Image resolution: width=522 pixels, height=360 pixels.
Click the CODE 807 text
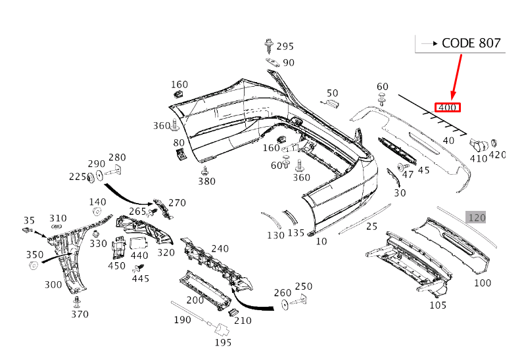click(x=471, y=43)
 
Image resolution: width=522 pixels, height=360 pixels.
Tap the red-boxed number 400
click(x=448, y=108)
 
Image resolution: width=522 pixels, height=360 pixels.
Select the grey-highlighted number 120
click(x=477, y=217)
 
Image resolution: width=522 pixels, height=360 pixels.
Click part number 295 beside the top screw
click(x=285, y=46)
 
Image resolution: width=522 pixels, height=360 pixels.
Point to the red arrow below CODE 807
click(x=456, y=77)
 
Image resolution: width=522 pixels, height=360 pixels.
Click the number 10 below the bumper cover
click(x=321, y=241)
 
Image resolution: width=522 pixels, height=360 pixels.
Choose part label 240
click(x=220, y=248)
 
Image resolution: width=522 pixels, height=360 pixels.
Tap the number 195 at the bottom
click(x=223, y=342)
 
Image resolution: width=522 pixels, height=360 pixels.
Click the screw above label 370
click(x=77, y=302)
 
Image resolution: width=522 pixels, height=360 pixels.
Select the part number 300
click(x=53, y=284)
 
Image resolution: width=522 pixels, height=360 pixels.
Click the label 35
click(x=29, y=220)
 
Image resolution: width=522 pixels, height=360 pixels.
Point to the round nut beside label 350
click(x=34, y=266)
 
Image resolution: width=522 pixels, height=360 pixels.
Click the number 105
click(x=438, y=305)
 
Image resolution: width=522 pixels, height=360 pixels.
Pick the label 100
click(x=483, y=282)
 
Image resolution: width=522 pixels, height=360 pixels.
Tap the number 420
click(x=498, y=155)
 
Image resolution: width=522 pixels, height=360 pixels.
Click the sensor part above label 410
click(x=479, y=145)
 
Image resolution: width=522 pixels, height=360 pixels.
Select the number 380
click(x=206, y=181)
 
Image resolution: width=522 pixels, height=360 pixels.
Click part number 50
click(x=332, y=93)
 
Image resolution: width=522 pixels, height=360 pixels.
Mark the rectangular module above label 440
click(x=138, y=244)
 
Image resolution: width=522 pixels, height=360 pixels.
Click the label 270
click(x=177, y=202)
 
